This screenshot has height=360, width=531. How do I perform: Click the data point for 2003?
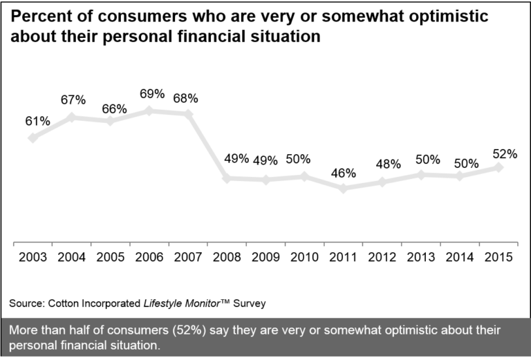tap(32, 138)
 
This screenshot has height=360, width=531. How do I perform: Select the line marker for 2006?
tap(150, 110)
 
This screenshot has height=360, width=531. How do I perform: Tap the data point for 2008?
tap(227, 178)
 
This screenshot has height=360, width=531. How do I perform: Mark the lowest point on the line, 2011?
tap(344, 188)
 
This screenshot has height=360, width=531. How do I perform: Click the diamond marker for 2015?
tap(499, 167)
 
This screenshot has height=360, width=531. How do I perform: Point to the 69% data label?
tap(151, 93)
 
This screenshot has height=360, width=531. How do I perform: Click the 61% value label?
tap(37, 121)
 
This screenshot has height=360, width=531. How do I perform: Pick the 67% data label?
tap(73, 100)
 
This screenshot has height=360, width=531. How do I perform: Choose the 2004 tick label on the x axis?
tap(71, 257)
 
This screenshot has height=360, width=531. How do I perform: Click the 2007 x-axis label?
tap(188, 257)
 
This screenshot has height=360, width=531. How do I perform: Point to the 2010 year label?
tap(304, 257)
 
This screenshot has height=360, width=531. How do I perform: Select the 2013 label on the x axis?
tap(421, 257)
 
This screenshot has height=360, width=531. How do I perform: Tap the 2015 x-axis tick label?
tap(499, 257)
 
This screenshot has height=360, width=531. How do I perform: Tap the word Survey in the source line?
tap(250, 303)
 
